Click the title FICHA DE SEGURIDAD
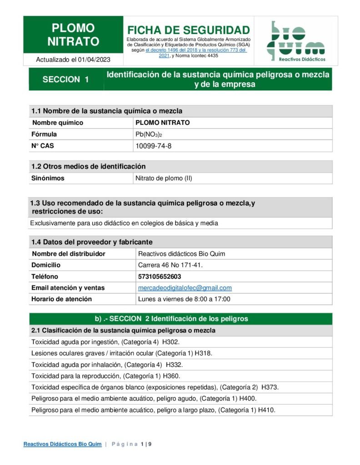[x=188, y=30]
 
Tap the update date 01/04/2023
[x=94, y=59]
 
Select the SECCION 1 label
[x=65, y=79]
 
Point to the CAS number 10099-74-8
[x=154, y=146]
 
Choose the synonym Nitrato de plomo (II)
[x=164, y=178]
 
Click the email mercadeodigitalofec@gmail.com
[x=185, y=288]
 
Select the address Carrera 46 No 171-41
[x=170, y=265]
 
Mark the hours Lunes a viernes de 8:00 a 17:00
[x=184, y=299]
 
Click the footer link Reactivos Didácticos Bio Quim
[x=62, y=444]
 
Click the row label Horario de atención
[x=61, y=299]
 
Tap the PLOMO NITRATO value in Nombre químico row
[x=163, y=123]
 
